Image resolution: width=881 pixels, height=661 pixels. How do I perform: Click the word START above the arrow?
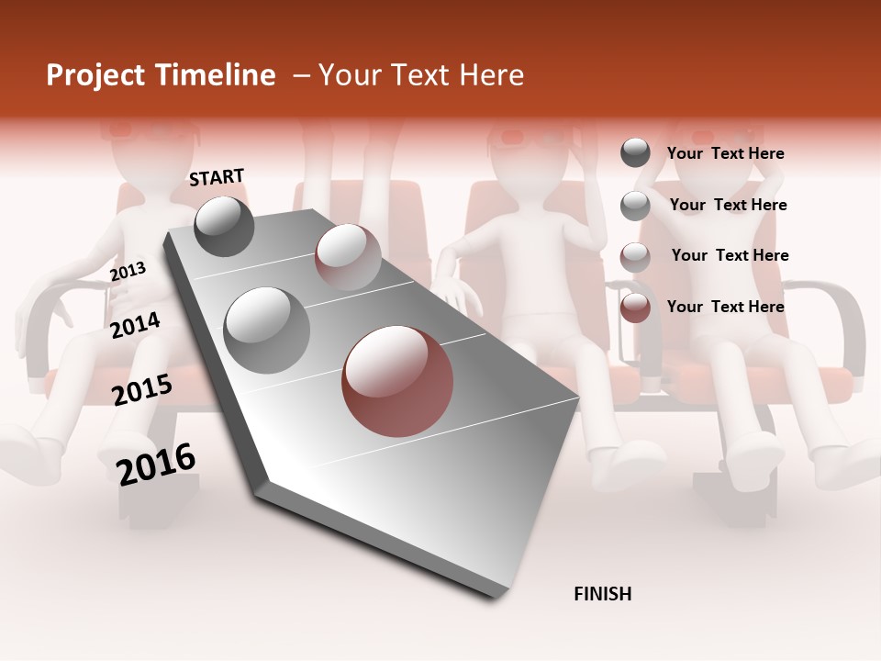pyautogui.click(x=217, y=177)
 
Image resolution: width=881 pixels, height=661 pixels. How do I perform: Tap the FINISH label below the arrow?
pyautogui.click(x=602, y=594)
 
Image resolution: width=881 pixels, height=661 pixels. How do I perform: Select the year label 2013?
pyautogui.click(x=128, y=271)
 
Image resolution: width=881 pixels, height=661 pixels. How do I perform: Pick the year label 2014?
pyautogui.click(x=136, y=325)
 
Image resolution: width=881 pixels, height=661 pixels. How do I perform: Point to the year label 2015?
pyautogui.click(x=142, y=390)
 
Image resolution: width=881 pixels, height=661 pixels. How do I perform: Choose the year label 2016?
pyautogui.click(x=156, y=464)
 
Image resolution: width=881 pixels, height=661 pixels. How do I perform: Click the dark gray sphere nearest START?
pyautogui.click(x=224, y=226)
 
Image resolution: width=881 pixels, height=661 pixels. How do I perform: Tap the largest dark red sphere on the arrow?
pyautogui.click(x=397, y=382)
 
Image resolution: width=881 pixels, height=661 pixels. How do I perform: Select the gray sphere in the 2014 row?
pyautogui.click(x=266, y=330)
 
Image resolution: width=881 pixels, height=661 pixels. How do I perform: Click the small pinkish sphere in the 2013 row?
pyautogui.click(x=348, y=256)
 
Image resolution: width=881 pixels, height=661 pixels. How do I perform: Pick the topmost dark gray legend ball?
pyautogui.click(x=635, y=152)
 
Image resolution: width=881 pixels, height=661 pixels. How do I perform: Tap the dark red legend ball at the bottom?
pyautogui.click(x=635, y=308)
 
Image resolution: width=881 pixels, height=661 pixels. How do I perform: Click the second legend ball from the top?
pyautogui.click(x=635, y=206)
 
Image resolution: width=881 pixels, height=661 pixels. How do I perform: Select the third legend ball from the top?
pyautogui.click(x=635, y=257)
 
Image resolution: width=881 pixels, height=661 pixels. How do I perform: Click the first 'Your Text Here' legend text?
pyautogui.click(x=725, y=153)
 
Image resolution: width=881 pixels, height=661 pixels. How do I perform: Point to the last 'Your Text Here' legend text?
pyautogui.click(x=725, y=307)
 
